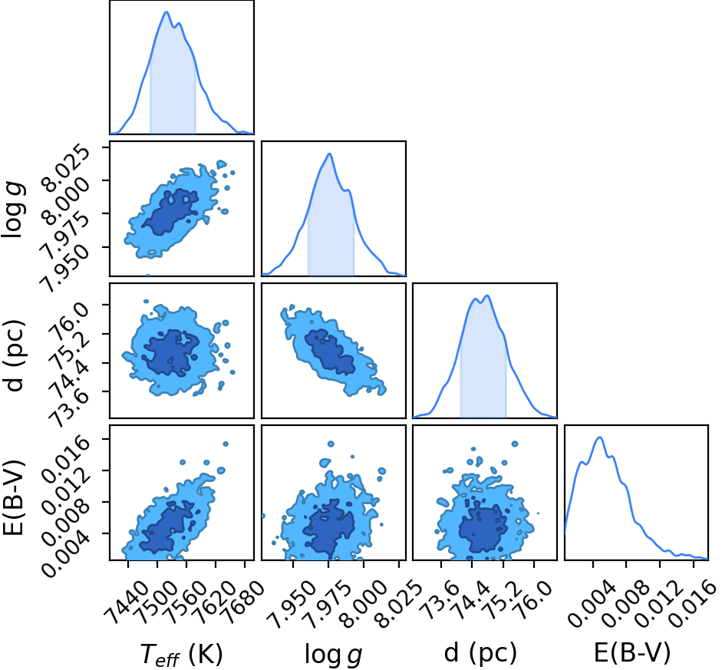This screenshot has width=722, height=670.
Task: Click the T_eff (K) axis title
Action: (x=181, y=654)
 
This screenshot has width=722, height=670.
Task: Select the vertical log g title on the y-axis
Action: (x=12, y=210)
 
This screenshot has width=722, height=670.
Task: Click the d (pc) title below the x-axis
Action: (x=480, y=653)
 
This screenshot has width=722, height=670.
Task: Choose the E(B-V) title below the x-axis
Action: (x=631, y=653)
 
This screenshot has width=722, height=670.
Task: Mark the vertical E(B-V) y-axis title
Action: (x=13, y=497)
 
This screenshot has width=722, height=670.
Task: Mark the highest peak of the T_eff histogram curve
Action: (x=166, y=12)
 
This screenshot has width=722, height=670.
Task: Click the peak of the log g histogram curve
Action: (x=329, y=153)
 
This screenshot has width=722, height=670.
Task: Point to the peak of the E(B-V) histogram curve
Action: (x=599, y=437)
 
